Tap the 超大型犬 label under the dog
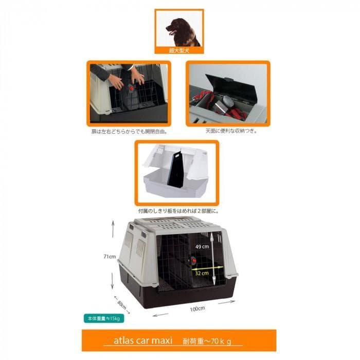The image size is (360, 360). (x=179, y=50)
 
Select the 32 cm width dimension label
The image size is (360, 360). (x=202, y=274)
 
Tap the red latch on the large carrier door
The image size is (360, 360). (x=194, y=261)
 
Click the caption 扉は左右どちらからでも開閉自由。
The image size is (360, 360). (x=129, y=131)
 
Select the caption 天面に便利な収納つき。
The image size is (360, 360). (x=227, y=131)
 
